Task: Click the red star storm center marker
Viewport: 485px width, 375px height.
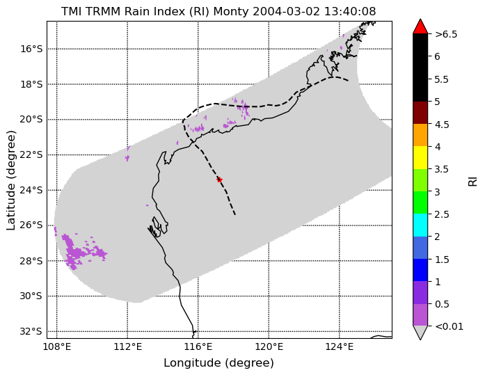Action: coord(220,179)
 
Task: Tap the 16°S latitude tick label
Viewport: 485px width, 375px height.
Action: coord(31,49)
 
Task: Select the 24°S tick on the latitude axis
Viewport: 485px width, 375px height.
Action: coord(31,190)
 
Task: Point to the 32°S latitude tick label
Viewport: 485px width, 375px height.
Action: coord(31,331)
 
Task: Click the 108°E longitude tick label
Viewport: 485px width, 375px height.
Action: coord(57,347)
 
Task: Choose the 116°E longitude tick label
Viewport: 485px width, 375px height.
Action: coord(198,347)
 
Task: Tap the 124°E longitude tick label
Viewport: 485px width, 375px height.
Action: coord(340,347)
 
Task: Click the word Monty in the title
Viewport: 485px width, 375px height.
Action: coord(231,11)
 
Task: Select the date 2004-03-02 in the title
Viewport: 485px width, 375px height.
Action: coord(287,11)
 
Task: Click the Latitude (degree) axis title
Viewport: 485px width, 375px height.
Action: coord(10,180)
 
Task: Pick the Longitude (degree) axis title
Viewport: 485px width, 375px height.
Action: coord(218,363)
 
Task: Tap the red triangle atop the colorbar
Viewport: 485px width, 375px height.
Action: coord(420,27)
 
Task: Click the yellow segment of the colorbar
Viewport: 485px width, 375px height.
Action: coord(420,158)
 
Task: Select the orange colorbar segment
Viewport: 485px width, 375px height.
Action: coord(420,135)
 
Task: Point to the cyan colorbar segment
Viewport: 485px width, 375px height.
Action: coord(420,225)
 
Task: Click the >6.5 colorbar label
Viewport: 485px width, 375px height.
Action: coord(446,34)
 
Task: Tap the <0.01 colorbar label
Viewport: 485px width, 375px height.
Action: coord(449,326)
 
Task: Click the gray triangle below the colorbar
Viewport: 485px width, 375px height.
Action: coord(420,333)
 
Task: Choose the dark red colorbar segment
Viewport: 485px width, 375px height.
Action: coord(420,113)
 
